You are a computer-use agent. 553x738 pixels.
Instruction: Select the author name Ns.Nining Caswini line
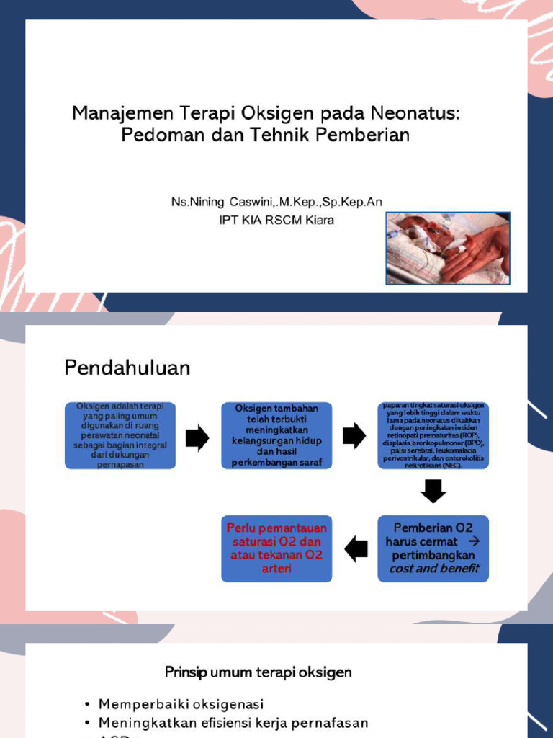coord(276,202)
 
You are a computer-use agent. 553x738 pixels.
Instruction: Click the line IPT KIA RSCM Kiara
coord(276,220)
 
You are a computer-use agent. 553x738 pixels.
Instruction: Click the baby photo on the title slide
coord(448,248)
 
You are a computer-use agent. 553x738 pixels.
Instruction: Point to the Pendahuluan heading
coord(127,368)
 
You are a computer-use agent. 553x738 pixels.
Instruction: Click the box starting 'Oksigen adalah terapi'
coord(120,435)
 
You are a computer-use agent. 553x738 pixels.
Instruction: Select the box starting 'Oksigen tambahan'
coord(276,435)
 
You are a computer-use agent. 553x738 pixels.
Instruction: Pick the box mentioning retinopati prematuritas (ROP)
coord(433,435)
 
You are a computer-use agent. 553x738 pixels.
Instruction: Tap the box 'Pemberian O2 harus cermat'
coord(433,548)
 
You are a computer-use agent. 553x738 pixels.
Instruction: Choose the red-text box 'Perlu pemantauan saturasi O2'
coord(276,548)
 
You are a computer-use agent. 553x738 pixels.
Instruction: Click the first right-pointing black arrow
coord(197,437)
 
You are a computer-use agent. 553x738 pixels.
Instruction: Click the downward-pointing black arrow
coord(433,492)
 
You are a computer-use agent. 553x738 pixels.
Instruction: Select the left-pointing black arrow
coord(356,549)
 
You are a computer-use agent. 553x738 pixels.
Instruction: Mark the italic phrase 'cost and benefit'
coord(433,569)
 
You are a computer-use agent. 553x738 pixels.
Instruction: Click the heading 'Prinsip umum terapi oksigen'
coord(258,672)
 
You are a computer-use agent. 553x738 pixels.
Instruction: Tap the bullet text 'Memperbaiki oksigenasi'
coord(181,704)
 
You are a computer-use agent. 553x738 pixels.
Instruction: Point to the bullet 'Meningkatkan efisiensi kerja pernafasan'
coord(233,722)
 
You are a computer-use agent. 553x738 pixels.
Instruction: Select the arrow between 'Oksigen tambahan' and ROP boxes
coord(354,436)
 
